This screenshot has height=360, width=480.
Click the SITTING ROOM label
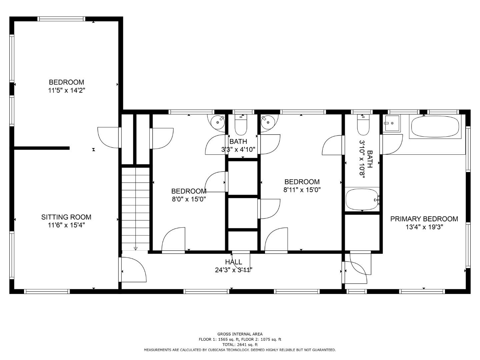coord(66,217)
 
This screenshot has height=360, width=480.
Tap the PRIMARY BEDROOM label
coord(424,219)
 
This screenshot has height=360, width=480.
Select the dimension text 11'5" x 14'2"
coord(66,90)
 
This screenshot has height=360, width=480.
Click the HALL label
coord(233,262)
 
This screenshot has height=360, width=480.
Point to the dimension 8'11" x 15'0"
coord(302,190)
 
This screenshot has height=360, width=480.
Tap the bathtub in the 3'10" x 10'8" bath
coord(362,199)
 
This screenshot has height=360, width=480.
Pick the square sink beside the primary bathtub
coord(392,123)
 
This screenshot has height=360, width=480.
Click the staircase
coord(135,208)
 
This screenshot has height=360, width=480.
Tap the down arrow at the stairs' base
coord(135,248)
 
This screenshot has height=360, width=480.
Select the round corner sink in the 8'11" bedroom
coord(268,122)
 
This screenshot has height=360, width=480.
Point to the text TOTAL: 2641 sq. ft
coord(240,345)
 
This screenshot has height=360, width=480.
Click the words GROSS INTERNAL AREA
coord(240,334)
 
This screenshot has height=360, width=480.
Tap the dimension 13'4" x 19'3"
coord(424,227)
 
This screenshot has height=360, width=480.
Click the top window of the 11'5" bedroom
coord(61,19)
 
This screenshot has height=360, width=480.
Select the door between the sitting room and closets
coord(109,137)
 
